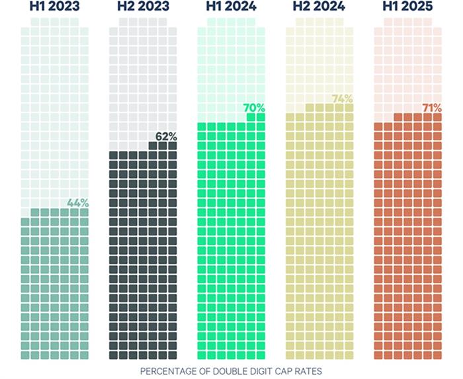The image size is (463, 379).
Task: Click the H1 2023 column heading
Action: (54, 8)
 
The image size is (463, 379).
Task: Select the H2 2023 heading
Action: (142, 8)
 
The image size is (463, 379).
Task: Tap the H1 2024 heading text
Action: (231, 8)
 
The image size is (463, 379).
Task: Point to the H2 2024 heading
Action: (319, 8)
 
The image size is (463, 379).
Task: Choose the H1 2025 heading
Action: (407, 8)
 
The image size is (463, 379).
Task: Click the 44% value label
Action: (77, 203)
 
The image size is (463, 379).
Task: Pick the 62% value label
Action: (166, 136)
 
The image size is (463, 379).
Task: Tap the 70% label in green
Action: (254, 106)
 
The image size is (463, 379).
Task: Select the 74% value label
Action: (342, 99)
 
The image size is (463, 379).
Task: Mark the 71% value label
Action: (431, 107)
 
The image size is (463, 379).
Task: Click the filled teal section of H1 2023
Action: (54, 284)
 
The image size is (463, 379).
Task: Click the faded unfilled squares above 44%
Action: (54, 112)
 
